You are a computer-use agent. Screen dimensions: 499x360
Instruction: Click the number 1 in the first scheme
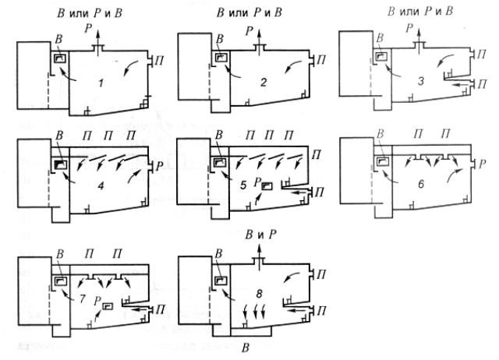pos(101,83)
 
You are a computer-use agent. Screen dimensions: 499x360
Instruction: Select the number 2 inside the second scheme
pos(264,83)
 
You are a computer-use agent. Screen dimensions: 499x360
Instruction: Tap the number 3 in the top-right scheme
pos(421,81)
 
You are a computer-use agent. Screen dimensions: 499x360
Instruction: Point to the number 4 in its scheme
pos(101,185)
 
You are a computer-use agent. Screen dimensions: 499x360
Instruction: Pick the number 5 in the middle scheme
pos(244,185)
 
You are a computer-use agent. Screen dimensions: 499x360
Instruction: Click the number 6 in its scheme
pos(421,184)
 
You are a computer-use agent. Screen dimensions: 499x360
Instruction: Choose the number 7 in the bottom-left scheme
pos(83,298)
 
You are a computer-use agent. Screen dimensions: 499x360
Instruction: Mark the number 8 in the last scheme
pos(259,294)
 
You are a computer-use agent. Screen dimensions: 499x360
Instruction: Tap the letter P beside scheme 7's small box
pos(97,302)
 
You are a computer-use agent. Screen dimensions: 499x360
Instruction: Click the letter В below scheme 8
pos(246,348)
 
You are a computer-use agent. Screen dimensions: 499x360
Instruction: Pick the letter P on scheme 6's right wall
pos(482,164)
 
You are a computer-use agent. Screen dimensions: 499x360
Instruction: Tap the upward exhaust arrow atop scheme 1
pos(98,37)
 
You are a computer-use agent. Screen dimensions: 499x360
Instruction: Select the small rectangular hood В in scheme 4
pos(61,164)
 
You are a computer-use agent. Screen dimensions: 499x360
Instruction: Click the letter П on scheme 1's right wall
pos(159,61)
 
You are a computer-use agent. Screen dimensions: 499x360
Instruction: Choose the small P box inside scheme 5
pos(267,186)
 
